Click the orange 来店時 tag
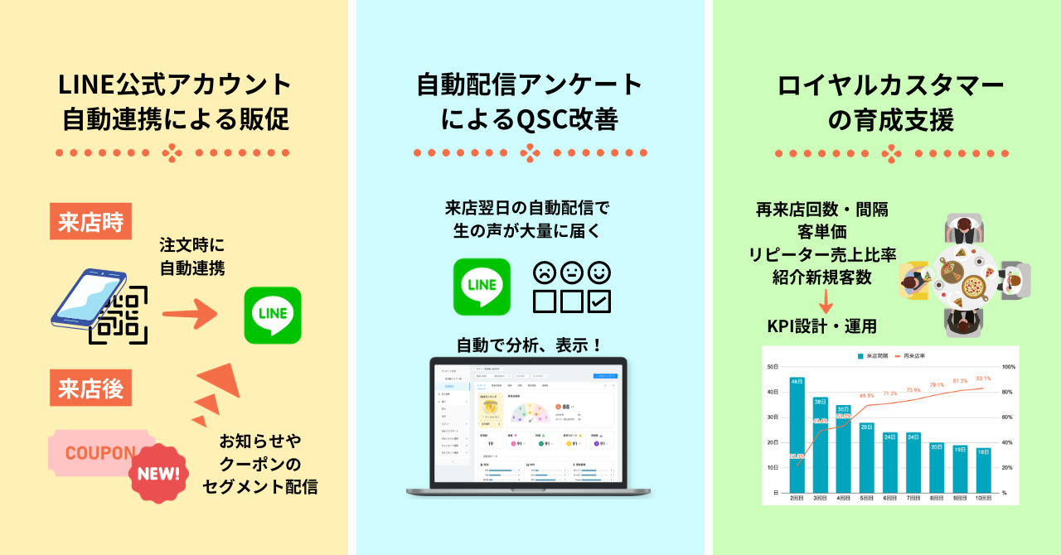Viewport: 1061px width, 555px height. tap(90, 221)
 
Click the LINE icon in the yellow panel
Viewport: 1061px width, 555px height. tap(273, 315)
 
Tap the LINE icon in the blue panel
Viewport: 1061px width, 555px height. tap(482, 287)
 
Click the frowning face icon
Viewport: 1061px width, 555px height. tap(544, 273)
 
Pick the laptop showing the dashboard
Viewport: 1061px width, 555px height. tap(528, 427)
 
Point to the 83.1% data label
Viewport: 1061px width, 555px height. tap(984, 379)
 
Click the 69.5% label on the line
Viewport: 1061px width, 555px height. tap(867, 396)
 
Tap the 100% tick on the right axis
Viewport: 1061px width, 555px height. tap(1009, 366)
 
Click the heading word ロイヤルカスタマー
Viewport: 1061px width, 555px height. tap(890, 85)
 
